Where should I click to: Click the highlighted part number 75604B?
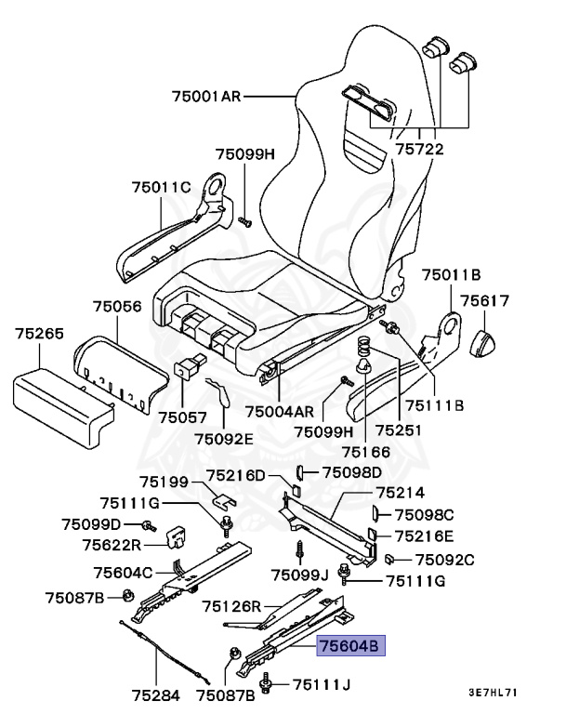click(x=349, y=646)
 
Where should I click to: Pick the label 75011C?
click(x=161, y=187)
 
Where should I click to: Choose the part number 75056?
click(x=117, y=305)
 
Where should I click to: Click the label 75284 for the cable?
click(x=154, y=694)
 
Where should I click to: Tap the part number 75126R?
click(x=233, y=606)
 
